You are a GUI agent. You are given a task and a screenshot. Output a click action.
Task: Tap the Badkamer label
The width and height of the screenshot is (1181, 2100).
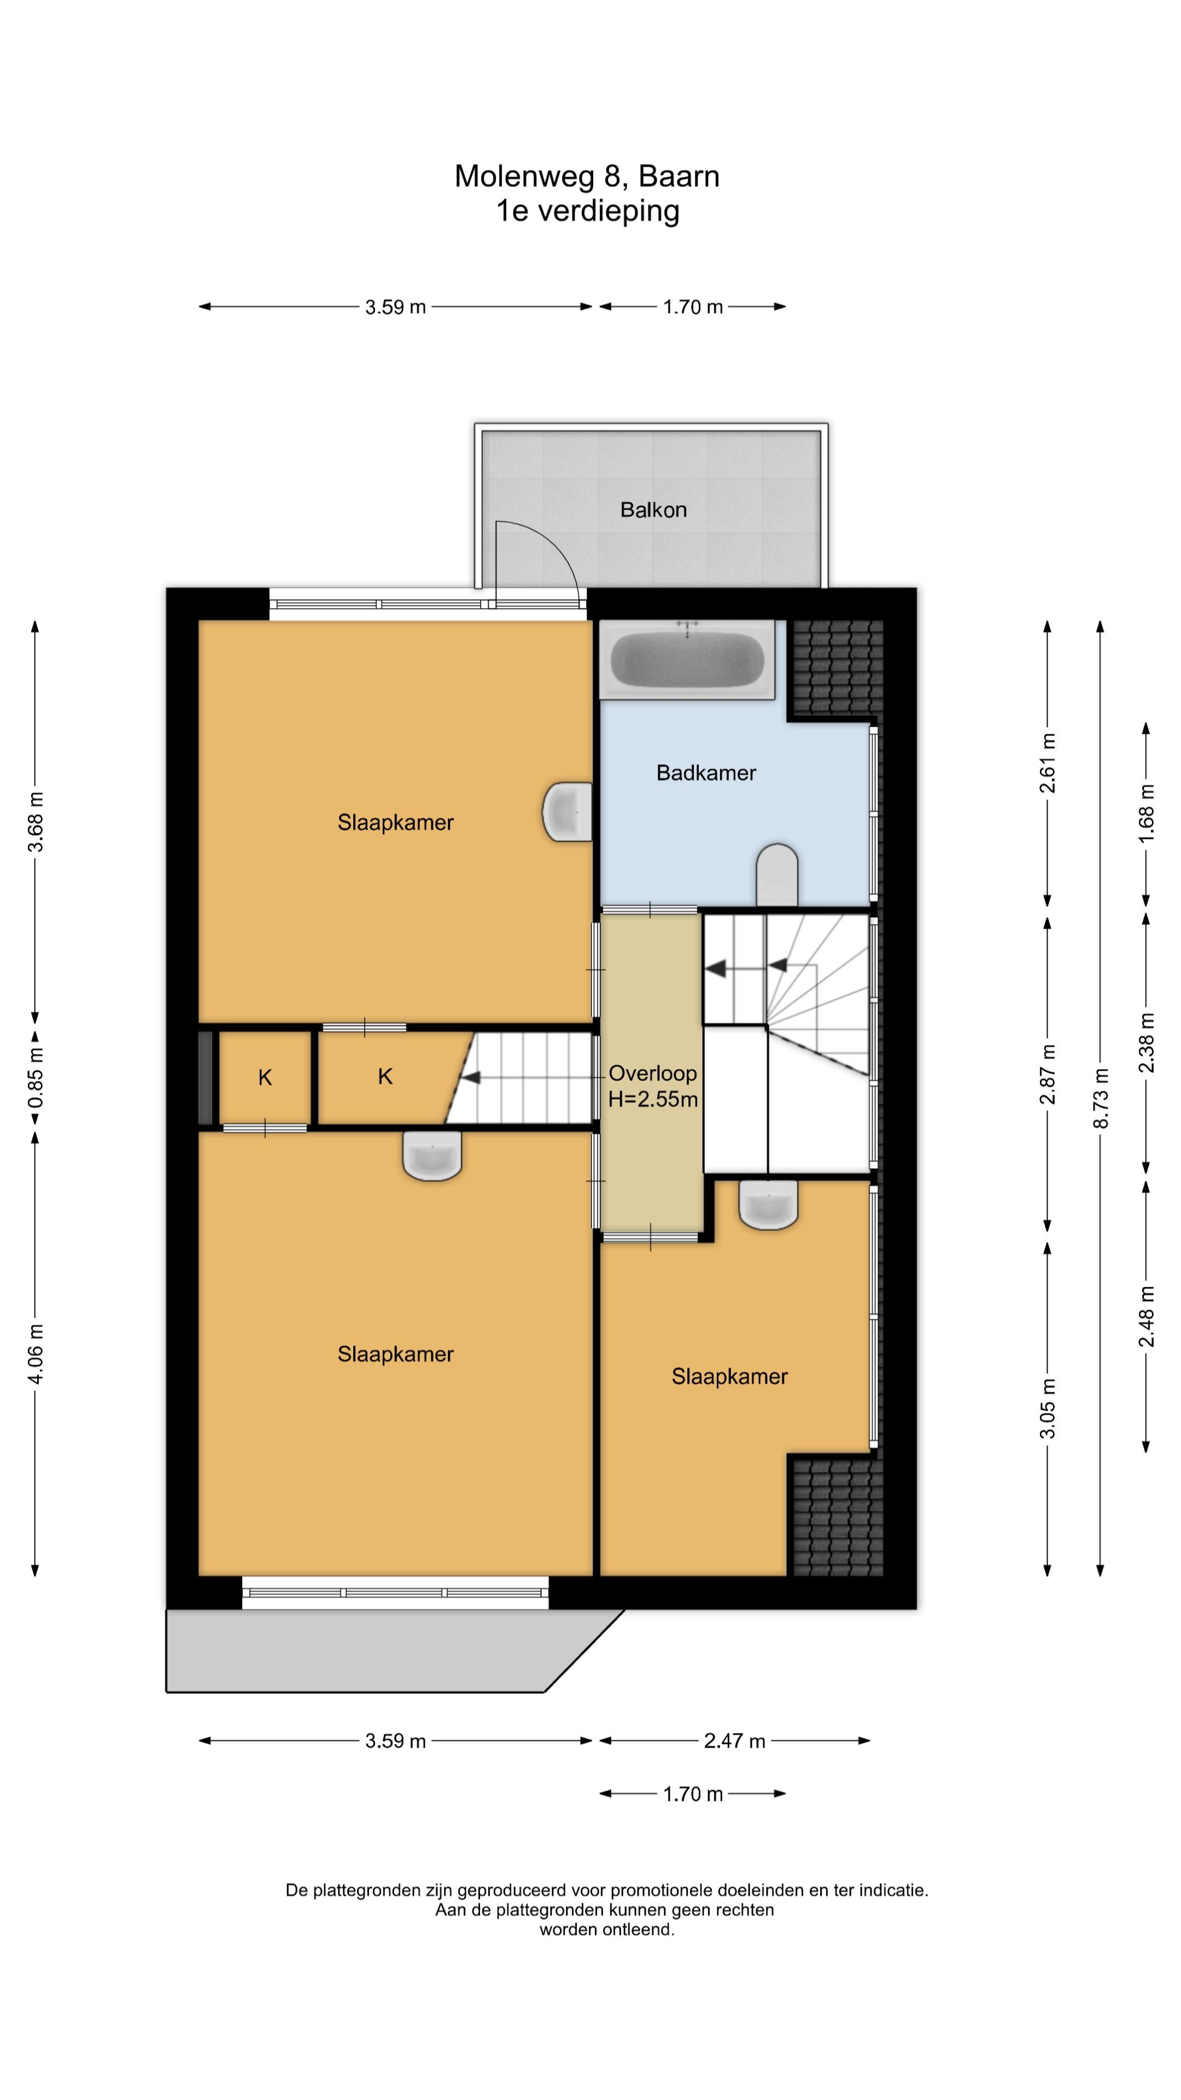(706, 773)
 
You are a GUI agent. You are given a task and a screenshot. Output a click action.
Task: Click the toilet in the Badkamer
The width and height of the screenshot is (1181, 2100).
(777, 875)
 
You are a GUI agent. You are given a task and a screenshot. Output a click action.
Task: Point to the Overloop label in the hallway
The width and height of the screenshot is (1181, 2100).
(653, 1074)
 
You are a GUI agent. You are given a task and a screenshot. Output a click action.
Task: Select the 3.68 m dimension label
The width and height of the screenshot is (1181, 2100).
(36, 821)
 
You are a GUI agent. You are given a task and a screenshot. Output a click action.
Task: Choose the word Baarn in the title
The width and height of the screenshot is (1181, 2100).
(679, 176)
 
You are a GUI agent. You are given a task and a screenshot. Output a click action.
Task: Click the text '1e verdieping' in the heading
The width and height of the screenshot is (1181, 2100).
(588, 211)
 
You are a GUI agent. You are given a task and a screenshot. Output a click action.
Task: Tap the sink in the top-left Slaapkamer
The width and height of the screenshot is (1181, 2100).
(568, 812)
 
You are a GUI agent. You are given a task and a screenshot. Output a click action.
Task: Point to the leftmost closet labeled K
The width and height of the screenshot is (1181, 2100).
(265, 1078)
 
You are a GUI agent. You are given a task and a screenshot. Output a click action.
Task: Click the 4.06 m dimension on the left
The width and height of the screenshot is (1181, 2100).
(36, 1354)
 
